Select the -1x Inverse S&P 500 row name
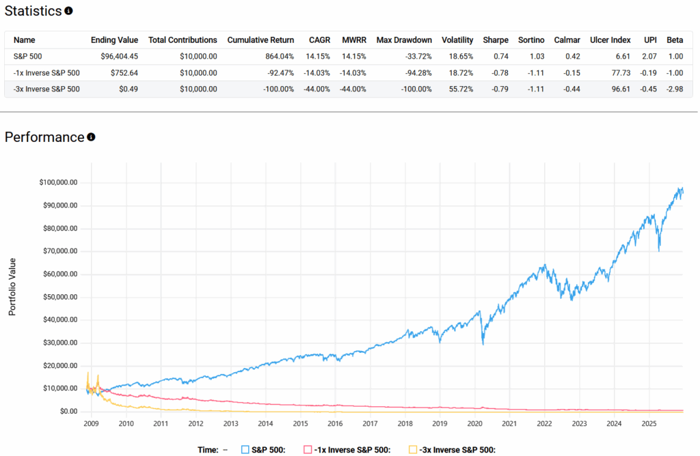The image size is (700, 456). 46,73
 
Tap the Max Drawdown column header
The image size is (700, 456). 404,40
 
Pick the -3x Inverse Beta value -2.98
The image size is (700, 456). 674,89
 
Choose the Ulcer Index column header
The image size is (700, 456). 610,40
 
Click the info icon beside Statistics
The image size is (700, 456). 68,11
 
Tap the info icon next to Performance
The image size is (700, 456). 91,137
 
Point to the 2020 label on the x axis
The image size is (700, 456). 474,424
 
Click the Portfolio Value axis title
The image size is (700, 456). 12,286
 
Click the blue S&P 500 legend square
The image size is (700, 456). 245,449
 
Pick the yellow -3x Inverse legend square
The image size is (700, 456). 412,449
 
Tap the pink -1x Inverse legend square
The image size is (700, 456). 308,449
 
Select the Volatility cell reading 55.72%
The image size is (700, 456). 457,89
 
